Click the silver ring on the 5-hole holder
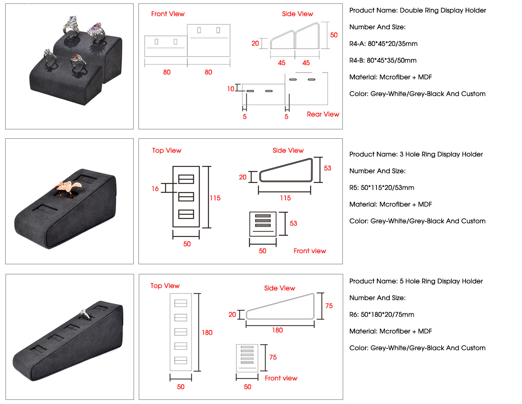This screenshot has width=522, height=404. (x=84, y=314)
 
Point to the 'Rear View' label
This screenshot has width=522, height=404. (x=323, y=114)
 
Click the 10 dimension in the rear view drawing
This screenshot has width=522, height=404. (x=231, y=89)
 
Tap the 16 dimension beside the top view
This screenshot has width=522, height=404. (x=155, y=188)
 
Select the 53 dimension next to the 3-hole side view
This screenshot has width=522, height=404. (x=327, y=168)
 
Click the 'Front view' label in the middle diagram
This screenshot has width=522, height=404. (x=310, y=251)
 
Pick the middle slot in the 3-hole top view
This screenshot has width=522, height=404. (x=186, y=196)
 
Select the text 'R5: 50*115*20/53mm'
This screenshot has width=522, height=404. (x=381, y=188)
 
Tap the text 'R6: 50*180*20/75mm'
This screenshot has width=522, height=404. (x=381, y=315)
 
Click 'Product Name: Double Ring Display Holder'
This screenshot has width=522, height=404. (x=417, y=10)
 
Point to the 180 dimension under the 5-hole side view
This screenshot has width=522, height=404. (x=277, y=330)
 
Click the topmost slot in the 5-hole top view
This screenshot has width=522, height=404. (x=181, y=303)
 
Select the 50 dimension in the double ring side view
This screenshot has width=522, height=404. (x=334, y=35)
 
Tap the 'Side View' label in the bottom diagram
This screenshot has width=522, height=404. (x=279, y=288)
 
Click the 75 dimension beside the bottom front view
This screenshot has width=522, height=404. (x=273, y=357)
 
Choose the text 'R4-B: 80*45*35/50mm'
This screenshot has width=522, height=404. (x=383, y=60)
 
